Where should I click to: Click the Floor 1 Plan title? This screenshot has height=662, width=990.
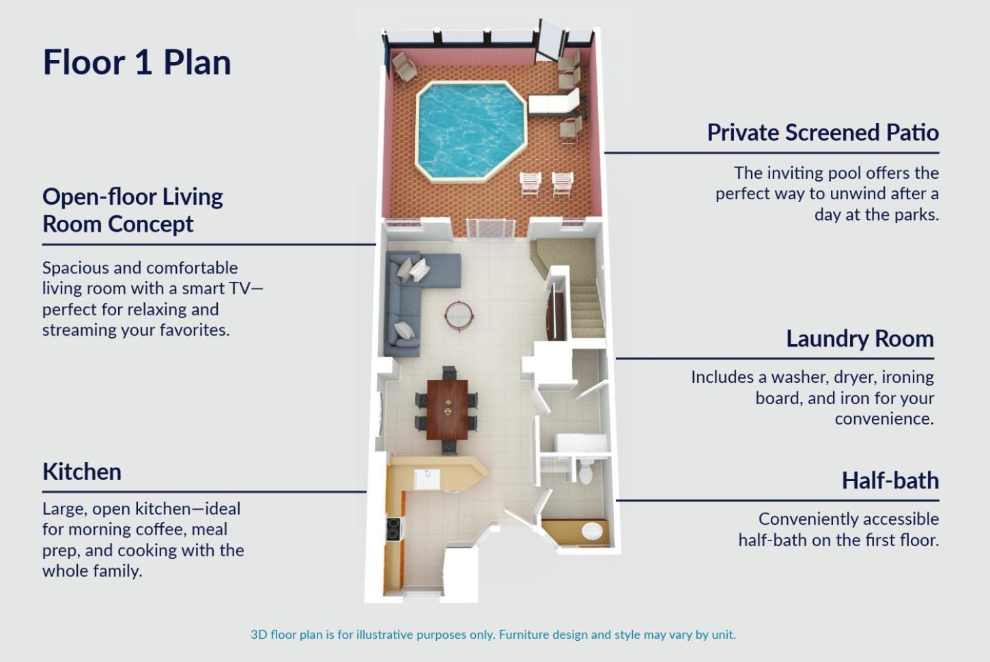click(x=137, y=62)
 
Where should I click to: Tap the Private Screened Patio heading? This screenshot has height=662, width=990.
click(x=823, y=132)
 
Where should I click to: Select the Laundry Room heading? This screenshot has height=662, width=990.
click(x=860, y=339)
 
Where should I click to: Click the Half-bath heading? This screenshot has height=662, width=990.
click(x=890, y=480)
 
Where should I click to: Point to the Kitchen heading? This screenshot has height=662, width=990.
click(x=82, y=472)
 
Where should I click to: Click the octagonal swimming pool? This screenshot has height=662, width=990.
click(x=470, y=131)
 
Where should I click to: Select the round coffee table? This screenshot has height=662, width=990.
click(x=459, y=315)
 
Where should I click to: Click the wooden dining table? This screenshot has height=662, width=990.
click(x=447, y=409)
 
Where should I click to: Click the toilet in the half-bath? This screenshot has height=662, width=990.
click(x=586, y=472)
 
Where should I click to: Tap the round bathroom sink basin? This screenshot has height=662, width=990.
click(x=592, y=531)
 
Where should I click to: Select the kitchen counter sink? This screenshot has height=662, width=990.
click(x=427, y=479)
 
